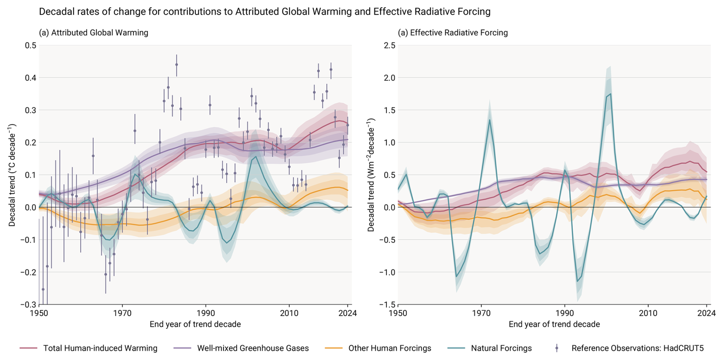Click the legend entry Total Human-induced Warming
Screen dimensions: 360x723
100,348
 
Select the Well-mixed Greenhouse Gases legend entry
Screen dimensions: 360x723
253,348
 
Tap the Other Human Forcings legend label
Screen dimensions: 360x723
389,348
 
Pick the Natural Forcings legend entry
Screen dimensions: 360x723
501,348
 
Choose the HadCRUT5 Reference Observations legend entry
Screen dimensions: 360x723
637,348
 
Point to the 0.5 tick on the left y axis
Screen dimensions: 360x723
31,45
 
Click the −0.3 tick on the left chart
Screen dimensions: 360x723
29,305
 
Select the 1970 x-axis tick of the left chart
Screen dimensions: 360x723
122,313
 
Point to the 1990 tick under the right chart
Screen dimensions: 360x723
564,313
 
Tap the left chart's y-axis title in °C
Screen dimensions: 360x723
12,175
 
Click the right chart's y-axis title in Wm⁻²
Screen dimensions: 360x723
371,175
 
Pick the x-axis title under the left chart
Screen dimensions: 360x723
195,324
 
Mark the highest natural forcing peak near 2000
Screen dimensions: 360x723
611,94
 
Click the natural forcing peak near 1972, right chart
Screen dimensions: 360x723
490,120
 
